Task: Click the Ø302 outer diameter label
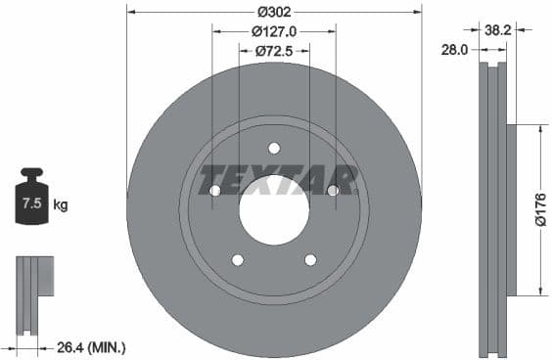(x=274, y=13)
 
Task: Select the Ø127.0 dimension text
(x=274, y=31)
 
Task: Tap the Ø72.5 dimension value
(x=274, y=50)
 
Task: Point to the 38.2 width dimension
(x=498, y=30)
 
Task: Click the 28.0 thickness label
(x=452, y=49)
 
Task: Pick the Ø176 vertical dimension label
(x=539, y=209)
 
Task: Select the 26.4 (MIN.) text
(x=93, y=347)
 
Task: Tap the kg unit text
(x=60, y=205)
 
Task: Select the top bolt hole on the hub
(x=274, y=148)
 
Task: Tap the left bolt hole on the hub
(x=214, y=190)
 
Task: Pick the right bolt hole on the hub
(x=333, y=190)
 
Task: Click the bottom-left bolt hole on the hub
(x=237, y=259)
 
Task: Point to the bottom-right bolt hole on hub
(x=310, y=259)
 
